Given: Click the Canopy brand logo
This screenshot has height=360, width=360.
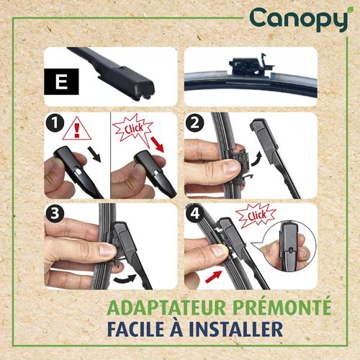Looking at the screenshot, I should (299, 20).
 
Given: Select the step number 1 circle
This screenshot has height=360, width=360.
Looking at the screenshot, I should (56, 124).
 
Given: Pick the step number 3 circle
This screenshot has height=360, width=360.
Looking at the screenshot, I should (56, 215).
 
